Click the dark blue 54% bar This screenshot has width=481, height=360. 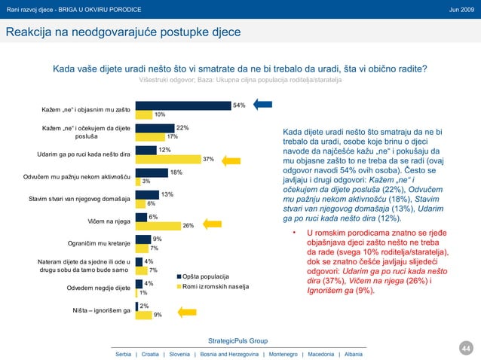(183, 105)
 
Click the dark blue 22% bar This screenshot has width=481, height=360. (155, 128)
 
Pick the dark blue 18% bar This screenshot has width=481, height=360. (151, 172)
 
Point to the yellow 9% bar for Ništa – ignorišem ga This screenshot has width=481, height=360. (143, 314)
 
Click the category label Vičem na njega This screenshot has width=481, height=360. (109, 221)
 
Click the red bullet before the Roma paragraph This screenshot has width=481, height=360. (294, 233)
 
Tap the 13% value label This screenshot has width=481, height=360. (167, 194)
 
